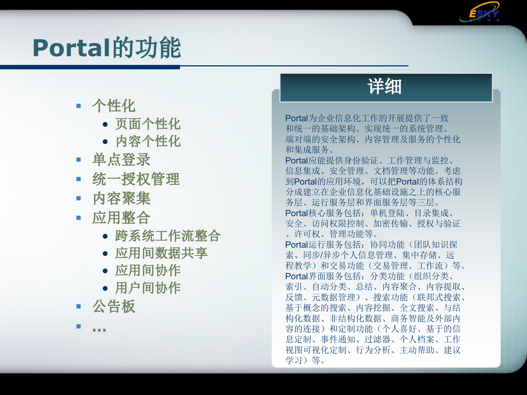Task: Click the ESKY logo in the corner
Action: click(480, 13)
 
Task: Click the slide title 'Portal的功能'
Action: click(107, 48)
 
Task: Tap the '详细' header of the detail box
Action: click(385, 87)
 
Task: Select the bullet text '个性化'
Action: click(114, 106)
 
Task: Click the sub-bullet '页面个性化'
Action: click(148, 124)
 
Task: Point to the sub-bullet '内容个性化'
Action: click(148, 142)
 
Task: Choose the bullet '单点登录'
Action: click(121, 160)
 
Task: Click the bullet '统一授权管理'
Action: click(136, 179)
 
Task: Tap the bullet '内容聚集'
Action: click(121, 198)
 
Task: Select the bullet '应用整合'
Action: click(121, 218)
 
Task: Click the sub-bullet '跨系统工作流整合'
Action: click(168, 236)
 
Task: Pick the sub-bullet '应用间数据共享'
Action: click(161, 253)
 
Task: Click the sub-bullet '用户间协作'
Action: click(148, 288)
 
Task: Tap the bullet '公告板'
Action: click(114, 306)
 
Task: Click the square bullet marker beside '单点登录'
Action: click(79, 160)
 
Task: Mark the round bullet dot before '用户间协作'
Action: click(105, 288)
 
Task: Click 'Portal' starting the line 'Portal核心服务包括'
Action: click(296, 213)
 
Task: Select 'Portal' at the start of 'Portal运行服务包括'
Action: click(296, 245)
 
